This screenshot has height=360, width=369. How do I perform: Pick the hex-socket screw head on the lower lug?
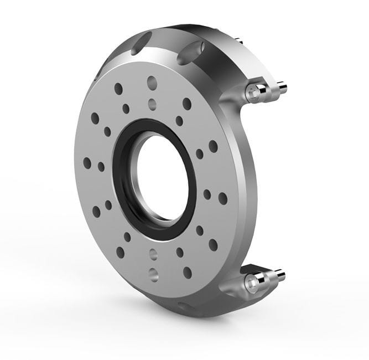[x=253, y=282]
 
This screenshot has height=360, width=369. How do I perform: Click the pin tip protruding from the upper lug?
[x=282, y=87]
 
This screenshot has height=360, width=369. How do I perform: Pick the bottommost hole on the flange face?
[x=153, y=272]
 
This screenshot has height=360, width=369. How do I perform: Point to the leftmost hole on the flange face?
[x=87, y=163]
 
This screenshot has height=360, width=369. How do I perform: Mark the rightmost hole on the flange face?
[x=223, y=198]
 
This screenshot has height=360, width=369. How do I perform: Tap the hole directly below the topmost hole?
[x=153, y=102]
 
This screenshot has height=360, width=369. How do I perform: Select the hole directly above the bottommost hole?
[x=153, y=255]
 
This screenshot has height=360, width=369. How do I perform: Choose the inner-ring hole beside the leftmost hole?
[x=101, y=166]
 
